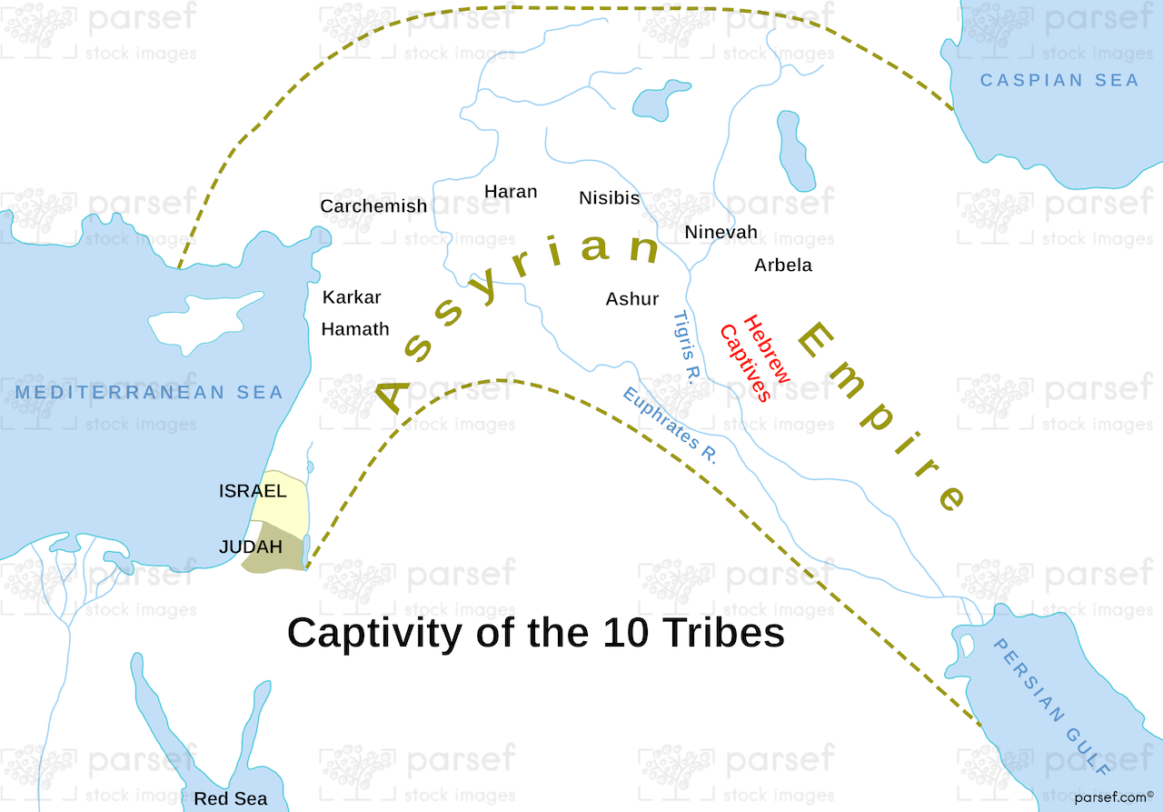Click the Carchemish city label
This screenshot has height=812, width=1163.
(373, 206)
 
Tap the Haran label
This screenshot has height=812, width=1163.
(511, 192)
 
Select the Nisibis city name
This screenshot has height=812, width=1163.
(610, 198)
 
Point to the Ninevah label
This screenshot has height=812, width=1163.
(721, 233)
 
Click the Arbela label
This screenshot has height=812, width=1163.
(783, 266)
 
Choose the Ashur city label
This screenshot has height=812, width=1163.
(632, 299)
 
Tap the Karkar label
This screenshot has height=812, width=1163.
(352, 297)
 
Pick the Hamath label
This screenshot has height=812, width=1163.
(355, 329)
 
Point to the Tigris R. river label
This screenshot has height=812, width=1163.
(682, 347)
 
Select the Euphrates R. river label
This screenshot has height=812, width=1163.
(670, 426)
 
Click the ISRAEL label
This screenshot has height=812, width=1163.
(253, 492)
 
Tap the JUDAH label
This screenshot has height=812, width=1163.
(250, 547)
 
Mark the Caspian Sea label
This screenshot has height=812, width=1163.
(1059, 81)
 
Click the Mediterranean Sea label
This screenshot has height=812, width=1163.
(149, 393)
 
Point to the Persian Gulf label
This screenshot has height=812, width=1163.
(1051, 706)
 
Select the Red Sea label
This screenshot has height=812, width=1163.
(231, 798)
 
